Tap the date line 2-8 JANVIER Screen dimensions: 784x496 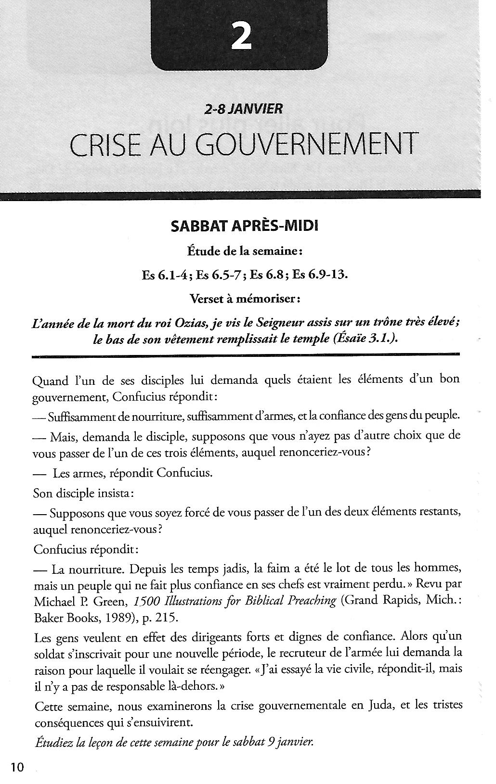(x=243, y=109)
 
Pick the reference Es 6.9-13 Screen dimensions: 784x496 (x=319, y=275)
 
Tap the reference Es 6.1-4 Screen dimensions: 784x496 (x=165, y=275)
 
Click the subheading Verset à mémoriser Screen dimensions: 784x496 (x=246, y=299)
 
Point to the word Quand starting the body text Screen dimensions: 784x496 (x=50, y=381)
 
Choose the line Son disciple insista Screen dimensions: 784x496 (x=84, y=493)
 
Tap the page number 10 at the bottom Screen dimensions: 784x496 (x=17, y=767)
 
